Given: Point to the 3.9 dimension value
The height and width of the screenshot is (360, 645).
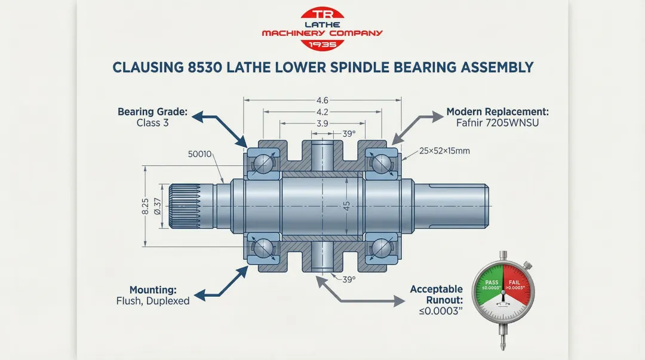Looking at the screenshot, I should [322, 123].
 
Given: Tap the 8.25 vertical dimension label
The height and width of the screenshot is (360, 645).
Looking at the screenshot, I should [145, 207].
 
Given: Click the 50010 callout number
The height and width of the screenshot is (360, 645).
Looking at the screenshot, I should [200, 154].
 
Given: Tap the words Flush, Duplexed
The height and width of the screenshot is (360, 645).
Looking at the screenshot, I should [153, 301].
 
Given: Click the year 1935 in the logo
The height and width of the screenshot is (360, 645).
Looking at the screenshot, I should [322, 44].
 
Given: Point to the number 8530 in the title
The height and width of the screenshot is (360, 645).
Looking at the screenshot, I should [203, 67].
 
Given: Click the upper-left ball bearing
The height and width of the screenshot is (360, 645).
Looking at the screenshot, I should [262, 162].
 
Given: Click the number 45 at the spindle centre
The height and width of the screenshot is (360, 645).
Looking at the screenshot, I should [346, 205].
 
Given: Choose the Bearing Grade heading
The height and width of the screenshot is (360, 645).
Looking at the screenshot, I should [152, 112].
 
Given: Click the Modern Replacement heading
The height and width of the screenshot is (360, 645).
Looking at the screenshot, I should [497, 112].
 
